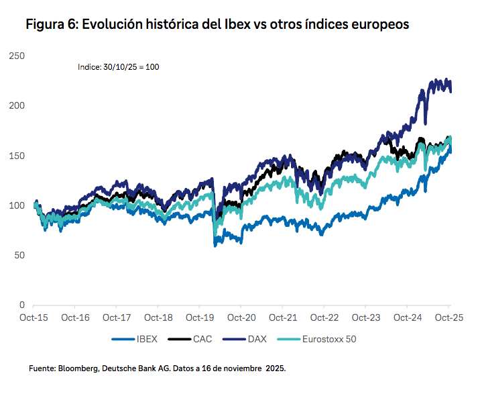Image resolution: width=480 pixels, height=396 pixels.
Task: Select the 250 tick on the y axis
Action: click(x=15, y=56)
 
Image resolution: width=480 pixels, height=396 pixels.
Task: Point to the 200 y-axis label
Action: click(x=15, y=106)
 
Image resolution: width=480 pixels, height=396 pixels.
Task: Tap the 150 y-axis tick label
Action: click(x=15, y=156)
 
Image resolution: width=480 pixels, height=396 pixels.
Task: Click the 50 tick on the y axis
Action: click(x=17, y=255)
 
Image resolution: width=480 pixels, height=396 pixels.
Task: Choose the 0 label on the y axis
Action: click(x=21, y=305)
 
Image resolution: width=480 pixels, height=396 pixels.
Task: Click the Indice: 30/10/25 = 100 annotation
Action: click(x=117, y=67)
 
